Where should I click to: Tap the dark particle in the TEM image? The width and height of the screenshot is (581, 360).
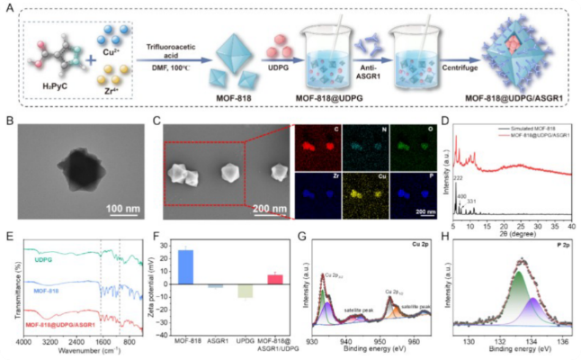pyautogui.click(x=74, y=175)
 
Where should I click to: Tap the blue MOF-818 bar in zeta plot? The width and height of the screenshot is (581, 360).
pyautogui.click(x=211, y=267)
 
